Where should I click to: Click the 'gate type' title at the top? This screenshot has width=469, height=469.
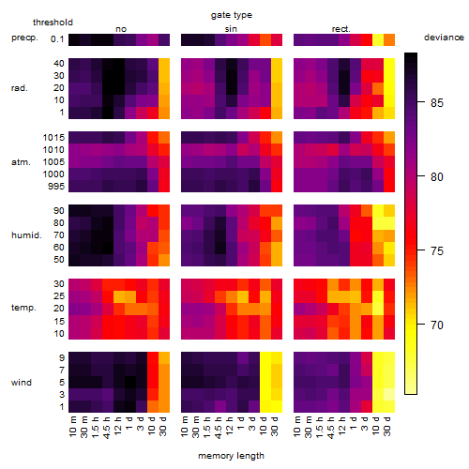pos(232,15)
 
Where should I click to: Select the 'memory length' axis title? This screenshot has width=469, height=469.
pos(231,456)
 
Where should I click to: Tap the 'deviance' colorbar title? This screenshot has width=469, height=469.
pos(444,38)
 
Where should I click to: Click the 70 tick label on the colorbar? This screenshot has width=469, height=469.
pos(437,325)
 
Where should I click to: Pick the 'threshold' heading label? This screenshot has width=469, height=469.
pos(53,23)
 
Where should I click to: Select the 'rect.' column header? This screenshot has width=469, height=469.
pos(341,29)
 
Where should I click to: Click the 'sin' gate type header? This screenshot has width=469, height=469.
pos(231,29)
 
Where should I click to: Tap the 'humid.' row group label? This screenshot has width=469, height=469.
pos(26,235)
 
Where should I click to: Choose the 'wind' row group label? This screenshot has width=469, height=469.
pos(22,383)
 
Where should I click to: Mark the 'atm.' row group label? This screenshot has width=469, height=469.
pos(21,162)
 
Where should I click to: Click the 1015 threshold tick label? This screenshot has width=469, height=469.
pos(53,138)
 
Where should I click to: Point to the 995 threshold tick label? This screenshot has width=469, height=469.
pos(56,187)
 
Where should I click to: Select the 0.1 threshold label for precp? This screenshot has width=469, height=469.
pos(57,39)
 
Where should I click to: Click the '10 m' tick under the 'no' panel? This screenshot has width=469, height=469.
pos(73,426)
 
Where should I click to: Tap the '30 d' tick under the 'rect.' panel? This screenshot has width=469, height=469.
pos(387,426)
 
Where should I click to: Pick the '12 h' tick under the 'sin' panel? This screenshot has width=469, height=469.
pos(229,426)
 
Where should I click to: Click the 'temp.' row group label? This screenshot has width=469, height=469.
pos(23,308)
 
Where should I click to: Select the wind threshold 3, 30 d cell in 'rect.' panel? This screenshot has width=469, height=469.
pos(389,395)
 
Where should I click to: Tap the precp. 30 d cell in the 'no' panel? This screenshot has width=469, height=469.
pos(164,39)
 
